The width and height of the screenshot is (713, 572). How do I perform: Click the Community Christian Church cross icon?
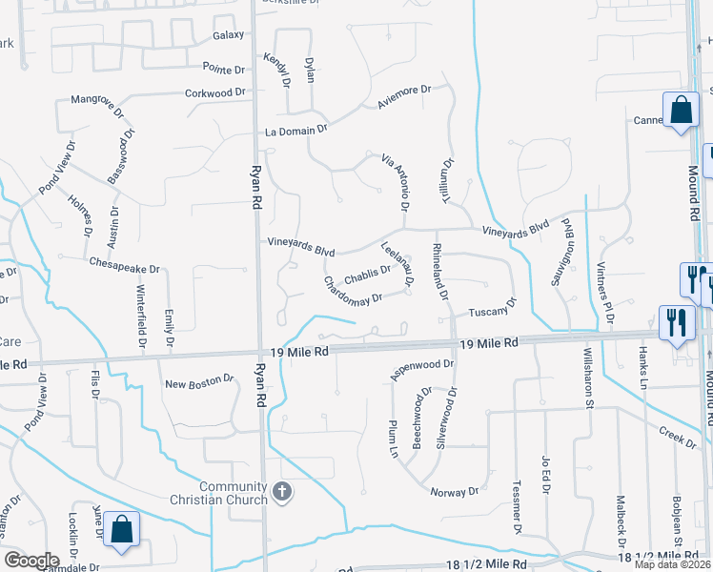281,492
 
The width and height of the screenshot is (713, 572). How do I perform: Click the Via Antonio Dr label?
395,182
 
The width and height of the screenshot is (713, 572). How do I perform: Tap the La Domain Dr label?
296,129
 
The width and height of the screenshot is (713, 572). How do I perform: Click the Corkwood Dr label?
215,93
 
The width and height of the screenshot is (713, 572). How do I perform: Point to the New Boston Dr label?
199,383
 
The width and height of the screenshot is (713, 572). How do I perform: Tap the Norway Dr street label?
454,492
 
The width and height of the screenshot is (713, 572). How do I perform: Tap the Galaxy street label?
229,35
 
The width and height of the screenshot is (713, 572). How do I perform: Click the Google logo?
31,561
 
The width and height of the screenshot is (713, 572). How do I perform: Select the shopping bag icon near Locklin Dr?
122,530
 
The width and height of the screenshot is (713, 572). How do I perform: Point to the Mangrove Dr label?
99,99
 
